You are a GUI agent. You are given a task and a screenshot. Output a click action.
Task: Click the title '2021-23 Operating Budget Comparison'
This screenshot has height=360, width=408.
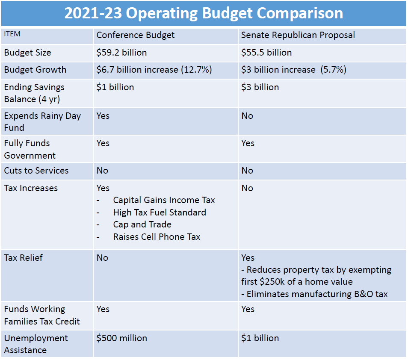pyautogui.click(x=204, y=13)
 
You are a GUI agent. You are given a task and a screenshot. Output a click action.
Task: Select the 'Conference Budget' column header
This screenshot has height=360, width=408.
pyautogui.click(x=136, y=35)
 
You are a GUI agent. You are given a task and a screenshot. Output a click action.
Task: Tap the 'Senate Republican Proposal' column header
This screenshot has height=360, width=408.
pyautogui.click(x=298, y=35)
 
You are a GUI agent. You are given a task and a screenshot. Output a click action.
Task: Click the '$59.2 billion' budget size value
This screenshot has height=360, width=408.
pyautogui.click(x=121, y=53)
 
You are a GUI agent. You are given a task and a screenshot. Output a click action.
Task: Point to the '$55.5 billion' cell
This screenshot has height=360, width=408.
pyautogui.click(x=266, y=53)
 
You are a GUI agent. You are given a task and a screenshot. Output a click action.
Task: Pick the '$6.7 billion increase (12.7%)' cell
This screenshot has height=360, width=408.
pyautogui.click(x=154, y=70)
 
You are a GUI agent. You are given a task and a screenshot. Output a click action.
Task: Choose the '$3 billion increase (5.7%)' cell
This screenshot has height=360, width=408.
pyautogui.click(x=293, y=70)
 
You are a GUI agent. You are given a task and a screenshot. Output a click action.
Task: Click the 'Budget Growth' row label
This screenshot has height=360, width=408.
pyautogui.click(x=35, y=70)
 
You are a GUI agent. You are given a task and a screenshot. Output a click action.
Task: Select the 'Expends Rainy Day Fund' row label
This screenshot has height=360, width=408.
pyautogui.click(x=42, y=121)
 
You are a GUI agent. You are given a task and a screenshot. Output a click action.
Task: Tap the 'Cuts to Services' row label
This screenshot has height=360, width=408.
pyautogui.click(x=36, y=171)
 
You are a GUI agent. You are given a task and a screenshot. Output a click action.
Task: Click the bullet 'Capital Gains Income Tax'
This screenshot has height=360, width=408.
pyautogui.click(x=164, y=200)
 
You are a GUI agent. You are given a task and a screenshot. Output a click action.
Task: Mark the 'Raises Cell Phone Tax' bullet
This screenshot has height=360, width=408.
pyautogui.click(x=157, y=237)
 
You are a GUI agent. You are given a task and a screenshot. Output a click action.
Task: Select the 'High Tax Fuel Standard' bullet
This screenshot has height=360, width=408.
pyautogui.click(x=160, y=212)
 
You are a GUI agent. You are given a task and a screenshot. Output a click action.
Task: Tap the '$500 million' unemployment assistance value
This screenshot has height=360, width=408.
pyautogui.click(x=121, y=338)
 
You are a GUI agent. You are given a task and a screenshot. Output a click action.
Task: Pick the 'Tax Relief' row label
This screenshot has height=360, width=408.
pyautogui.click(x=23, y=258)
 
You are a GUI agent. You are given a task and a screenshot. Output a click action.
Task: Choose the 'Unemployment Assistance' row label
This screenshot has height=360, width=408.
pyautogui.click(x=36, y=344)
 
